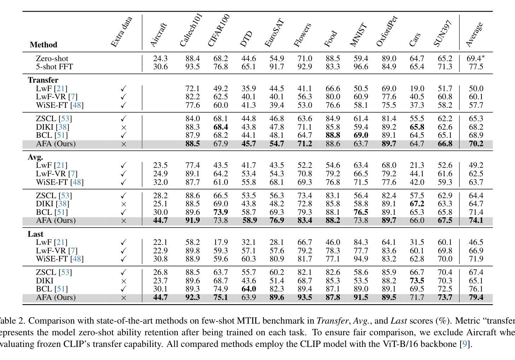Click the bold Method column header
43,45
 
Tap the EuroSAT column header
274,33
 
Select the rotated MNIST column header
358,35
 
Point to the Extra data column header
121,32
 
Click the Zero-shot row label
52,58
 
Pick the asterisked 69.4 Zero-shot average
475,58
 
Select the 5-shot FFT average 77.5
476,67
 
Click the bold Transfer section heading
43,80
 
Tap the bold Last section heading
35,234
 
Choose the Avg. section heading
35,157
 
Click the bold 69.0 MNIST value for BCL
361,135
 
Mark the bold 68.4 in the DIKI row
221,127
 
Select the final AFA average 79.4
476,297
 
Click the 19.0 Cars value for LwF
417,88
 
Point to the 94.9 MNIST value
361,259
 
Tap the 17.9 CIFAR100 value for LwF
221,242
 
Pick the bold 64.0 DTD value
248,289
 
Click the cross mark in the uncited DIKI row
124,281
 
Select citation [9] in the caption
465,344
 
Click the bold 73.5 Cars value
417,281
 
